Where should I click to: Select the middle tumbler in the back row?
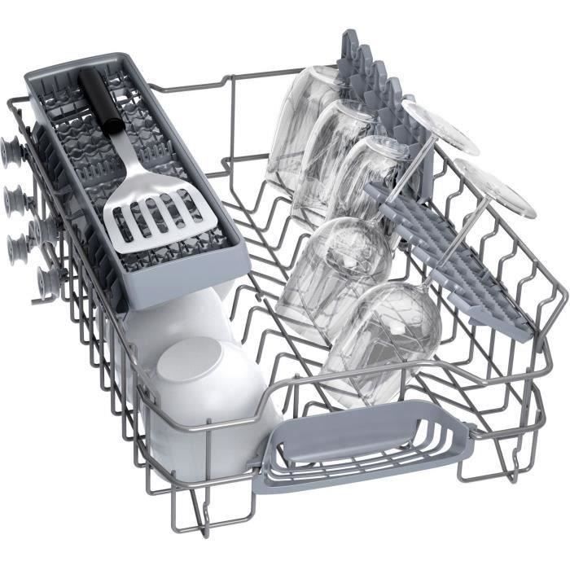pos(334,155)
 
